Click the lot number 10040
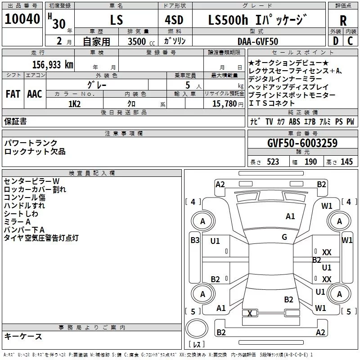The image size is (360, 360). coord(22,19)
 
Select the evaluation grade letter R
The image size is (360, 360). coord(343,20)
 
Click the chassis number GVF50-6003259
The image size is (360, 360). coord(302,144)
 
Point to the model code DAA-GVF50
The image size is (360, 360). coord(258,41)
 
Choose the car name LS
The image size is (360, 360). coord(116,20)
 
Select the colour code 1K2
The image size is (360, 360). coord(74,103)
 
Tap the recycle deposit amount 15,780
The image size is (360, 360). coord(221,103)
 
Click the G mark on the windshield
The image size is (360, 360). coord(284,237)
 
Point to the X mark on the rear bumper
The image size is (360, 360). coord(250,313)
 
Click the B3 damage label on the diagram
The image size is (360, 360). coord(195,240)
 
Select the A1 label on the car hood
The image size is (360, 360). coord(291,216)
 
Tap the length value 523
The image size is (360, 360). coord(273,162)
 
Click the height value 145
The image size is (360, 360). coord(346,162)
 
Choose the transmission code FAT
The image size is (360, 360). coord(13,94)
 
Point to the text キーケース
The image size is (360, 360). coord(23,337)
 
